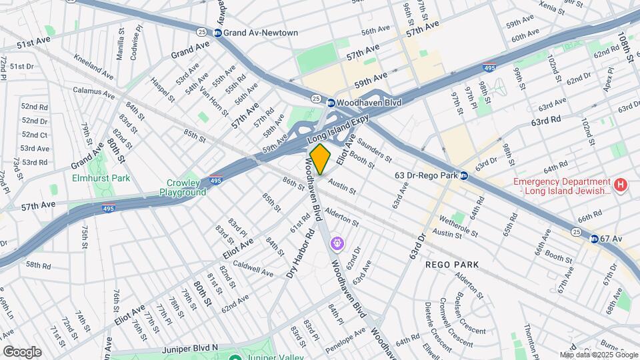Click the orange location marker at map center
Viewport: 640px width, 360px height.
tap(320, 159)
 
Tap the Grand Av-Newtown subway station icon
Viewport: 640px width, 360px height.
tap(217, 33)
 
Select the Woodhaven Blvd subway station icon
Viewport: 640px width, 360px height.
tap(331, 103)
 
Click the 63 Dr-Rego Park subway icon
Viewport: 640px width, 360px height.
tap(464, 176)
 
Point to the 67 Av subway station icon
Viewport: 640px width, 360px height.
tap(593, 238)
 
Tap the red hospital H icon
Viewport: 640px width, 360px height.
tap(621, 185)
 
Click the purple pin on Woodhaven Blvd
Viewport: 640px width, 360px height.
tap(338, 244)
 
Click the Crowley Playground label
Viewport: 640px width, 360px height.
tap(183, 187)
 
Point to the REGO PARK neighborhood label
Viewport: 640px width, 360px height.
tap(453, 265)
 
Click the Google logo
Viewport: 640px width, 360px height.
tap(22, 351)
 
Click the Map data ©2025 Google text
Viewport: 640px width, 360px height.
tap(599, 355)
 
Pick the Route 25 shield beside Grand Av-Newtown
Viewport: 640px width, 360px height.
tap(201, 32)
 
